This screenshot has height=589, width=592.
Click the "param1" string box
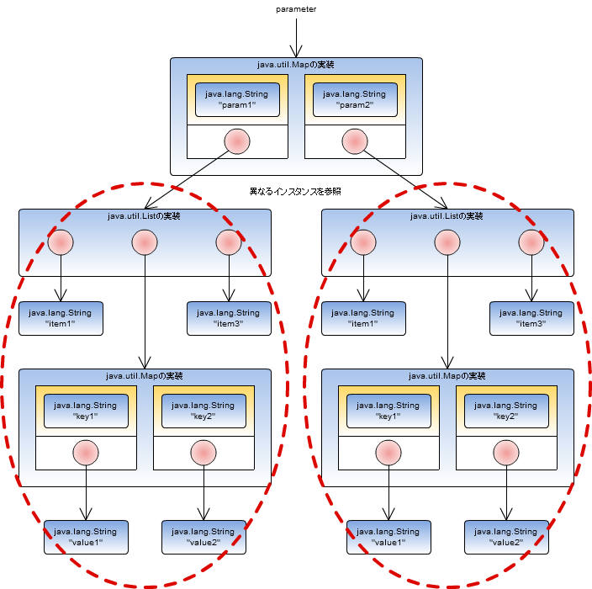tap(237, 100)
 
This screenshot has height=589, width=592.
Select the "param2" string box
tap(354, 100)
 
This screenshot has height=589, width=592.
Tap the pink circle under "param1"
tap(237, 142)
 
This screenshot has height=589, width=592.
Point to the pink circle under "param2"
tap(354, 142)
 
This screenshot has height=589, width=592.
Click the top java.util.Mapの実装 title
tap(296, 65)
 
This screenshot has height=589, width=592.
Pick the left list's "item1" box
tap(61, 318)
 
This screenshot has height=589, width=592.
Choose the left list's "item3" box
tap(228, 318)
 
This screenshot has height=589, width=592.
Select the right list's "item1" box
tap(363, 318)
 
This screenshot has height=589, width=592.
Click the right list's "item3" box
tap(531, 318)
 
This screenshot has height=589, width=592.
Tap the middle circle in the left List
tap(145, 243)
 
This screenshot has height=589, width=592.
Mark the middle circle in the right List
tap(447, 243)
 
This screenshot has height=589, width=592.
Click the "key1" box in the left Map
tap(86, 411)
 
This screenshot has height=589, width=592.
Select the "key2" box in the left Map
tap(203, 411)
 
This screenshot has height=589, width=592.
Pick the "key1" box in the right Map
tap(388, 411)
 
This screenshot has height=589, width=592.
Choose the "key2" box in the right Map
tap(506, 411)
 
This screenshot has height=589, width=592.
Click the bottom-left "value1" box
tap(86, 537)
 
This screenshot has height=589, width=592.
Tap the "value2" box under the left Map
tap(203, 537)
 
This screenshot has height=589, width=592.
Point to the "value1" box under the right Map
tap(388, 537)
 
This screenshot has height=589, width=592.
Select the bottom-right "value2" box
tap(506, 537)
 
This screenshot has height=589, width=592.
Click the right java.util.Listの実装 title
tap(447, 216)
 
